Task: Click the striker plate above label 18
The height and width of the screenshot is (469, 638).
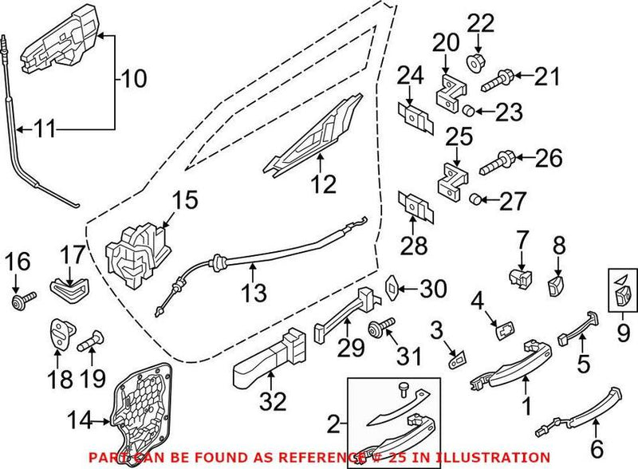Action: (59, 330)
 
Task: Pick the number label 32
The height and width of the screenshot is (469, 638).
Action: (272, 404)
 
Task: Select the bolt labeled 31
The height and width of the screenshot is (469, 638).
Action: (381, 328)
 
